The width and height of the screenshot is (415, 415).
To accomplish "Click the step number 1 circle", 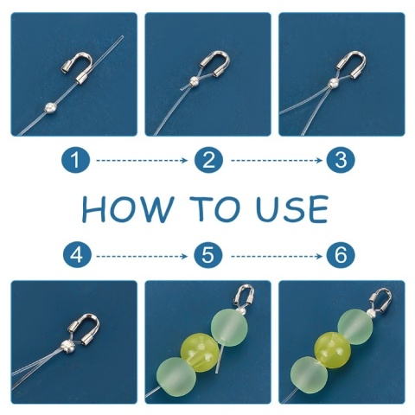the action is coord(75,160).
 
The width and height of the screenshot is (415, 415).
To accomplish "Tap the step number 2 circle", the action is coord(208,160).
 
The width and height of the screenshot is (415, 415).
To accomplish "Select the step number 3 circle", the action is coord(341,160).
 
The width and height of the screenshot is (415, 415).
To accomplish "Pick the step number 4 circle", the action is coord(77,256).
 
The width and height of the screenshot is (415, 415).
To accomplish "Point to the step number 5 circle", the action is coord(208,256).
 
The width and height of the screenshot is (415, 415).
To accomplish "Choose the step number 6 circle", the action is coord(341,256).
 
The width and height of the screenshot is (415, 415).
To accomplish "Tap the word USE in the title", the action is coord(292,208).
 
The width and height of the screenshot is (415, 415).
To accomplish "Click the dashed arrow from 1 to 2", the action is coord(142,160).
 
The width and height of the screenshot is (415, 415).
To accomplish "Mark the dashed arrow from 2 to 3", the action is coord(277,160).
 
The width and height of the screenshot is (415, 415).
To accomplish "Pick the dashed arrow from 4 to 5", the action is coord(142,256).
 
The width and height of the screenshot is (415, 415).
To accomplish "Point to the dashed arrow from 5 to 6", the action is coord(277,256).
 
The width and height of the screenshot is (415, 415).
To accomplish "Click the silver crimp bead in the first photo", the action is coord(50,108).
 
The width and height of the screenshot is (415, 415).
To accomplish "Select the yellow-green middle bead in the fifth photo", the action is coord(200,349).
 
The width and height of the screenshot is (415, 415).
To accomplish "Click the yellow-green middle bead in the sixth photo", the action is coord(333,350).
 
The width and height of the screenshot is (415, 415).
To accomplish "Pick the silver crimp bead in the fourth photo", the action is coord(67,346).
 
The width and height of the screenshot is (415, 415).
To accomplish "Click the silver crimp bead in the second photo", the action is coord(194,82).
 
